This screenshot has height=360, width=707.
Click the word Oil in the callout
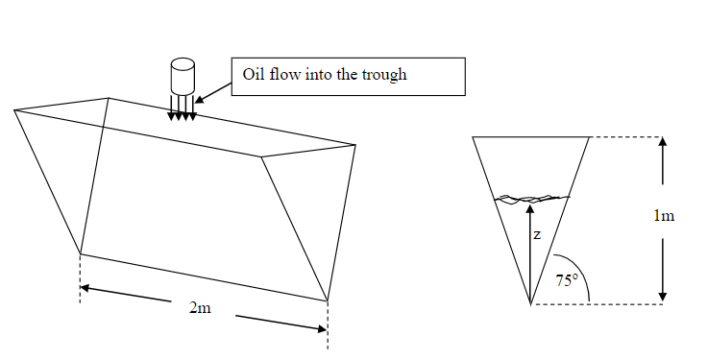pyautogui.click(x=255, y=75)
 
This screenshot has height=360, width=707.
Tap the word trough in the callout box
pyautogui.click(x=384, y=76)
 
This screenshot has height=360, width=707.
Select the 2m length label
pyautogui.click(x=199, y=308)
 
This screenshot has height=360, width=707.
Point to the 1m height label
pyautogui.click(x=663, y=215)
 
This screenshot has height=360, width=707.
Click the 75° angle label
pyautogui.click(x=567, y=280)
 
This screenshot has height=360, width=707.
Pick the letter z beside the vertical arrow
pyautogui.click(x=537, y=233)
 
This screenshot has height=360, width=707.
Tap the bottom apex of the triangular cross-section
pyautogui.click(x=530, y=304)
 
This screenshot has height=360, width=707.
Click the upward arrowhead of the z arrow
pyautogui.click(x=530, y=204)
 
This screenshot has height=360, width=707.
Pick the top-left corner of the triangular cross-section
pyautogui.click(x=474, y=137)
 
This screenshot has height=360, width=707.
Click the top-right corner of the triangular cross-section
pyautogui.click(x=587, y=137)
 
